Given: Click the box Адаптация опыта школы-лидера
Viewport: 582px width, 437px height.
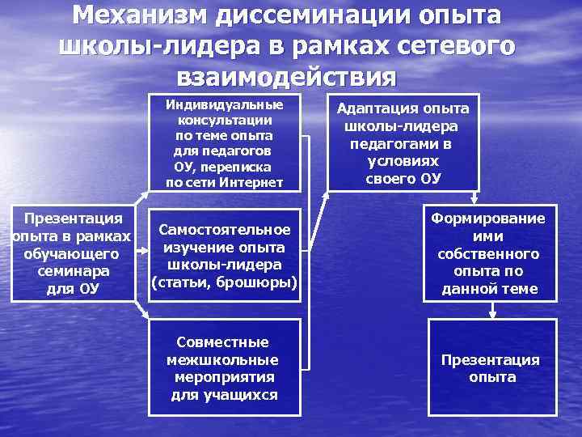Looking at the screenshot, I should [402, 144].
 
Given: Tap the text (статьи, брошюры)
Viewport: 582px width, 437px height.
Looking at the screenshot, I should [225, 282].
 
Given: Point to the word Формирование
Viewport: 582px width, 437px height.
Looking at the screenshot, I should [488, 218].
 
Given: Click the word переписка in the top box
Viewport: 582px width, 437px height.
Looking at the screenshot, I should [241, 167].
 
